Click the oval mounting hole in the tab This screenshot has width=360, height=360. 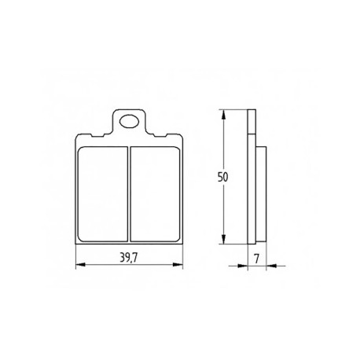point(129,122)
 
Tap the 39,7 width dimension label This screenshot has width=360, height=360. point(128,259)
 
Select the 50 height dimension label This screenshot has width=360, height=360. point(223,178)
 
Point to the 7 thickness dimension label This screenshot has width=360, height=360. point(257,259)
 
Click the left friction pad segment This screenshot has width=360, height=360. point(103,194)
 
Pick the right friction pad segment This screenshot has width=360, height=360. point(155,194)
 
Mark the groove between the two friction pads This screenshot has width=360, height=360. point(129,194)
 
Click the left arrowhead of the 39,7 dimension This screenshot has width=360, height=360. point(80,265)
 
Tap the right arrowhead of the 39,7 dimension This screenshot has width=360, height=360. point(178,265)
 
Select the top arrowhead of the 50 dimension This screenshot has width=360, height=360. point(223,115)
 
